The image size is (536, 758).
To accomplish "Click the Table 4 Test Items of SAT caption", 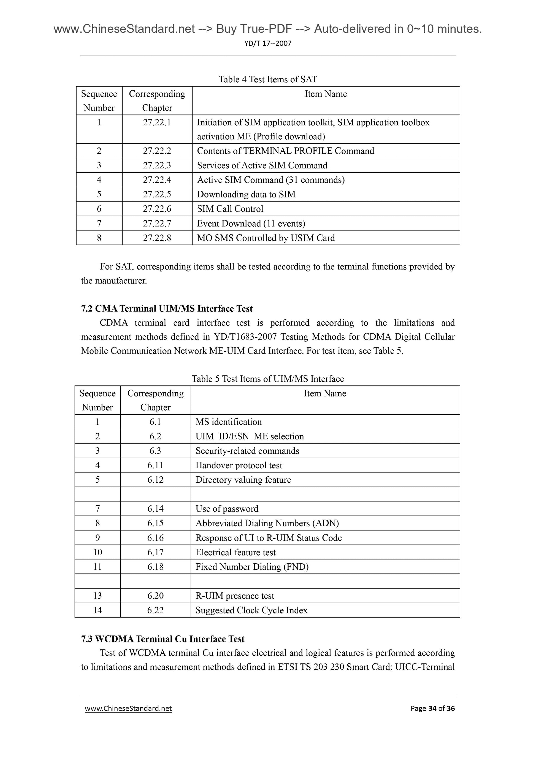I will (267, 79).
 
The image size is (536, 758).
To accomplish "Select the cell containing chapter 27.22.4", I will (157, 180).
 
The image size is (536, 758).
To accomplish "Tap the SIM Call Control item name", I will (230, 209).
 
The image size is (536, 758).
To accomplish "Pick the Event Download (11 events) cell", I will (251, 224).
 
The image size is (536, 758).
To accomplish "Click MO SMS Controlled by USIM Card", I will (266, 238).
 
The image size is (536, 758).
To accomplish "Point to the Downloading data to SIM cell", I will (246, 194).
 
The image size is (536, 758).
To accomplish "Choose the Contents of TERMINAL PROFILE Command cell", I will (285, 151).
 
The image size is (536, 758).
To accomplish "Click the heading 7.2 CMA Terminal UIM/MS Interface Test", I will (167, 309).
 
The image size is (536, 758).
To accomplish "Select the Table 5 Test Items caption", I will (267, 379).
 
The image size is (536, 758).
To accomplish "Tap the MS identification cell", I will (229, 422).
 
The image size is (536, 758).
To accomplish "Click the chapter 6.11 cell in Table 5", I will (155, 466).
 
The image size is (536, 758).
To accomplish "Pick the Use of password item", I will (227, 509).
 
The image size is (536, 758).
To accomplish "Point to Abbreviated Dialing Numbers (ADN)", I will (267, 523).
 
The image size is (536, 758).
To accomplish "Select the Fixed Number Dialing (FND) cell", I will (252, 567).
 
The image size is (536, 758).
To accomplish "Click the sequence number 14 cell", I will (98, 610).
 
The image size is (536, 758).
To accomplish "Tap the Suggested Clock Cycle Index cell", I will (251, 610).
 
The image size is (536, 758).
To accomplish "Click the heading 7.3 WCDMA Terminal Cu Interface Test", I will (163, 639).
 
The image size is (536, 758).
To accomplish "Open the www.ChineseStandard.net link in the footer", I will (128, 708).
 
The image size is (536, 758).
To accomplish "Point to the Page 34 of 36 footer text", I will (432, 708).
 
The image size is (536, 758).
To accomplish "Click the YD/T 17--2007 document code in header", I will (268, 43).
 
